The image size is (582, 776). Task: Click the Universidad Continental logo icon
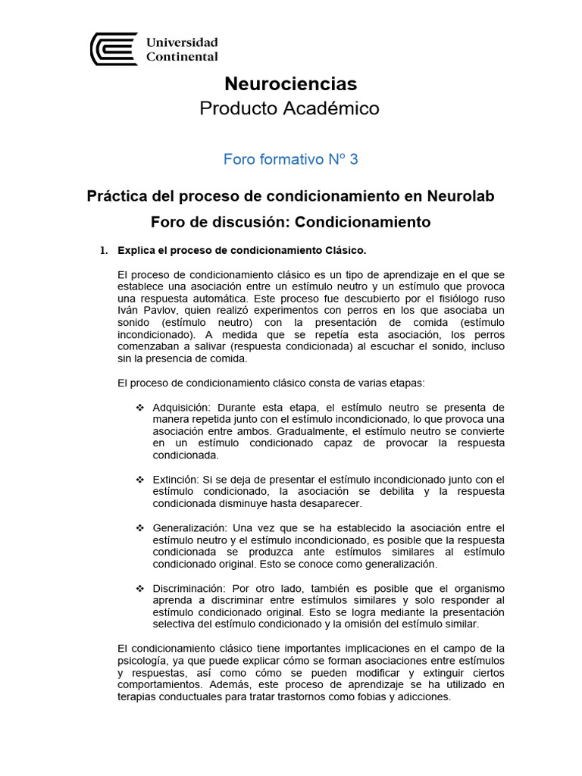114,49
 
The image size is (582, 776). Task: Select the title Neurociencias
291,83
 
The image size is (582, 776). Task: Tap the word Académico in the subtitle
337,109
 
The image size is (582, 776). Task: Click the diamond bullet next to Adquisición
139,408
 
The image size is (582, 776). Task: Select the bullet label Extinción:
175,480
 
